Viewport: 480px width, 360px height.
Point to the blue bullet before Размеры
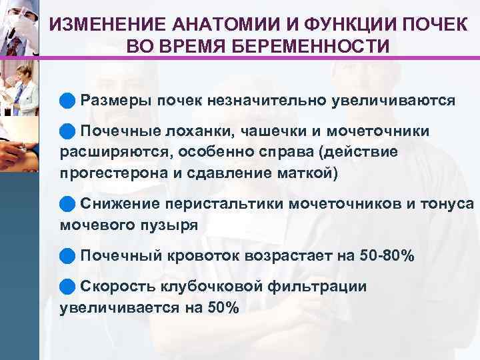66,101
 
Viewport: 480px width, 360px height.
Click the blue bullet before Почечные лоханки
66,131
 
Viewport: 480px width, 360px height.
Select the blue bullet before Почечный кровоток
66,255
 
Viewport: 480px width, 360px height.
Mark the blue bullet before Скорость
66,286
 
